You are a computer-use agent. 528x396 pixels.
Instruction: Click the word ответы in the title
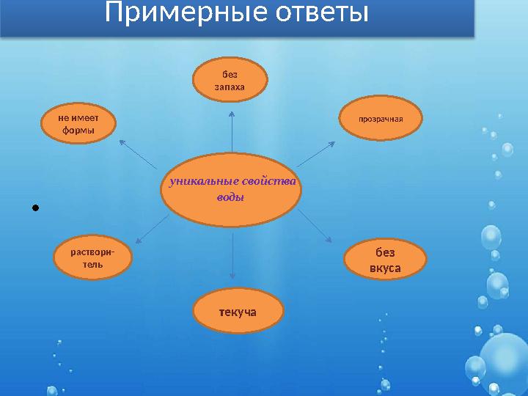point(319,12)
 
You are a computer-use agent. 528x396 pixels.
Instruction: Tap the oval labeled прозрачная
point(381,118)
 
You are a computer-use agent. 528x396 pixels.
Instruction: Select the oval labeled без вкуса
point(385,260)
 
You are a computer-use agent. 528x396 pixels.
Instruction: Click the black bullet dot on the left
point(35,208)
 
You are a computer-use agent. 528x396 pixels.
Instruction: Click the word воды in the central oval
point(231,198)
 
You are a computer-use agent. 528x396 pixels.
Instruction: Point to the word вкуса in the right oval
point(385,268)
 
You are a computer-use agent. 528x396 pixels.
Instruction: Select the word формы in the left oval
point(78,131)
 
